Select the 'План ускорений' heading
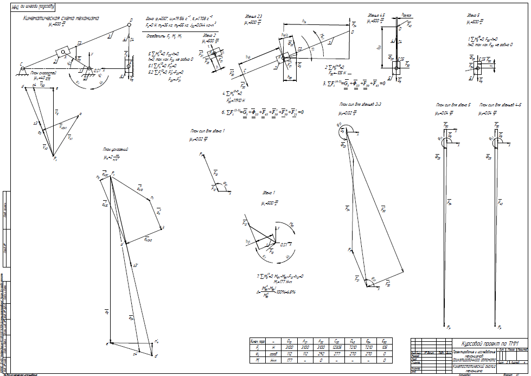click(115, 148)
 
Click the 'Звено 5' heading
click(474, 15)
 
